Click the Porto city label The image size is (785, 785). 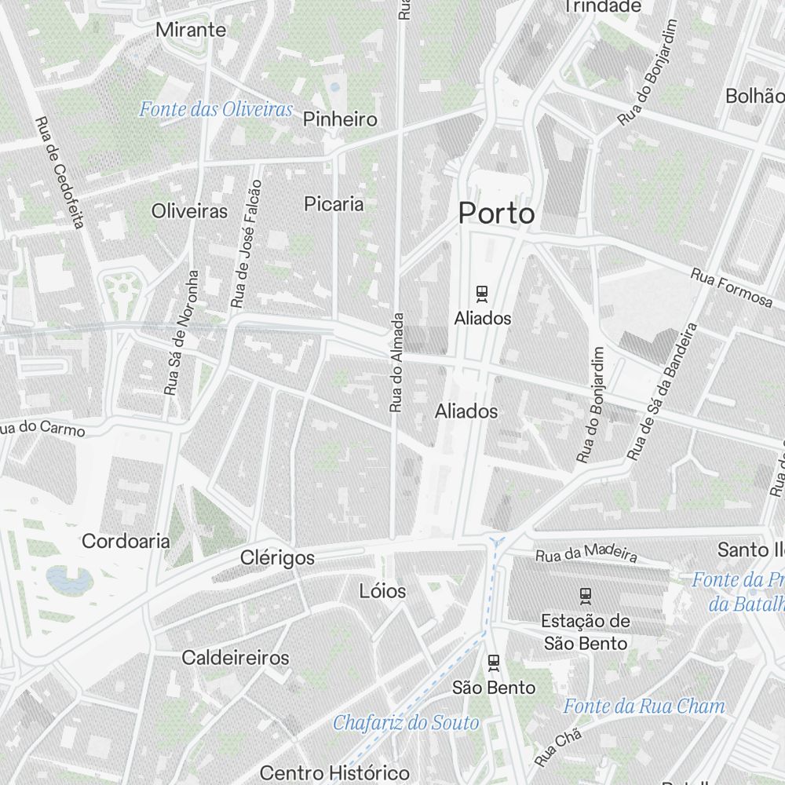(497, 214)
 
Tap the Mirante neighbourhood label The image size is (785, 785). (191, 31)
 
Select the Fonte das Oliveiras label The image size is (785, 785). (216, 109)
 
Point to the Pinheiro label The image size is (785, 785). (340, 119)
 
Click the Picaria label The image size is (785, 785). (334, 204)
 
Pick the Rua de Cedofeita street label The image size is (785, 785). (59, 173)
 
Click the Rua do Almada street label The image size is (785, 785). (397, 362)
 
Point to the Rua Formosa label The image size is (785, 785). (732, 287)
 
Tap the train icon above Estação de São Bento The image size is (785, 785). (585, 595)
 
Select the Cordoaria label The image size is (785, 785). (126, 541)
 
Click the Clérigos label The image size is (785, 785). (277, 558)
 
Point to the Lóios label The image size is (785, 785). (382, 590)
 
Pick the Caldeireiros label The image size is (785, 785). (235, 658)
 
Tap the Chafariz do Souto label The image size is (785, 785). (406, 723)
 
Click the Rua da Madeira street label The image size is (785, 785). (586, 554)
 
